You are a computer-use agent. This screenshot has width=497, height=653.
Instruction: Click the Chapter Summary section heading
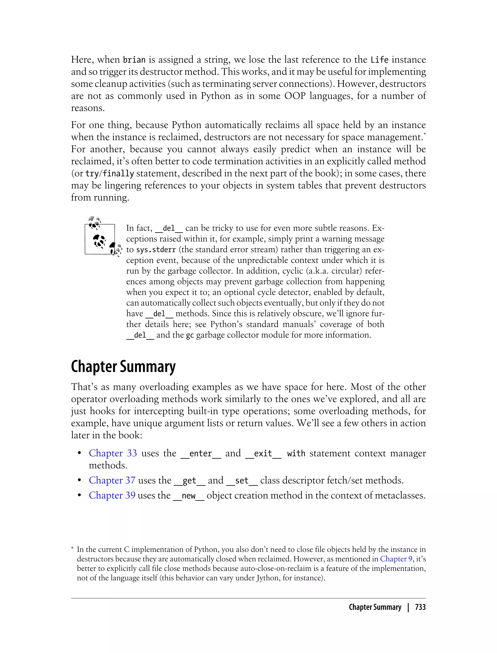click(x=123, y=367)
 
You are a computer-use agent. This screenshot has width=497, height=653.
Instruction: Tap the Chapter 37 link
click(x=112, y=480)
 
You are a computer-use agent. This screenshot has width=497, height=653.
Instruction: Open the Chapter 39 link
click(x=112, y=495)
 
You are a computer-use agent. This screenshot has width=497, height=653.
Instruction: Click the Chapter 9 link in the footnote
click(x=396, y=559)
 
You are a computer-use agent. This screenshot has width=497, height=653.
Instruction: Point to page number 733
click(x=420, y=607)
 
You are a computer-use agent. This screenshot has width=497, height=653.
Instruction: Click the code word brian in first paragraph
click(x=134, y=60)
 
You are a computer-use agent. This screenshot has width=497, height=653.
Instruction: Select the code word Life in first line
click(x=379, y=60)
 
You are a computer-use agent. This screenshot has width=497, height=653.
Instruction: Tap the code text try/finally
click(x=110, y=173)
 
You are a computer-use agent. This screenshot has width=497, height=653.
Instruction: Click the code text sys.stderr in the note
click(x=156, y=250)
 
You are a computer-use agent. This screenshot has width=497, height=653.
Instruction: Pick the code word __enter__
click(x=201, y=453)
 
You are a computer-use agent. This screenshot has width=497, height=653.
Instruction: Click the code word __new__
click(x=189, y=495)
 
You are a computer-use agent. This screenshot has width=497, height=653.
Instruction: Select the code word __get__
click(x=189, y=480)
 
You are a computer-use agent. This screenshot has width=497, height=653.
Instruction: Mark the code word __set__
click(x=242, y=480)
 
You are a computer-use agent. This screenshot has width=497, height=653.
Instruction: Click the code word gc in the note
click(x=190, y=335)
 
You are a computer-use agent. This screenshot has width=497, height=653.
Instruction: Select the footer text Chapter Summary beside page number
click(x=375, y=607)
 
